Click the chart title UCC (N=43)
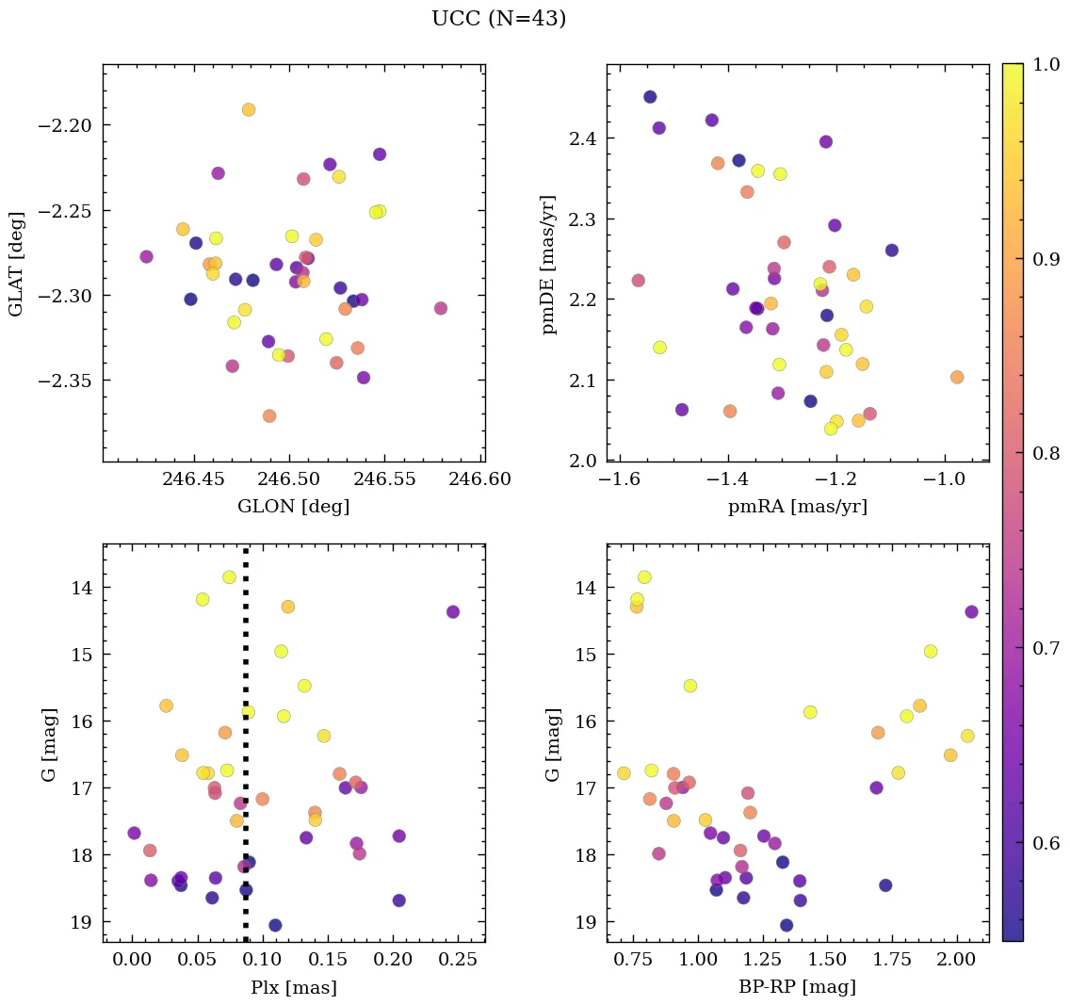[498, 19]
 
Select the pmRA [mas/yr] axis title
[797, 507]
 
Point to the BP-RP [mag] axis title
[797, 987]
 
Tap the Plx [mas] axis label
[293, 987]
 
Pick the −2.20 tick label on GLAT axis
[65, 126]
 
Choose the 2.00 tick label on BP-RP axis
[957, 960]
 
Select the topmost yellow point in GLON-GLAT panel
[249, 109]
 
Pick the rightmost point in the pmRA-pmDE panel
[957, 377]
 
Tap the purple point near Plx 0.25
[453, 611]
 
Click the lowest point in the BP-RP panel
[786, 925]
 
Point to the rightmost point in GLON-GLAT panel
[441, 308]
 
